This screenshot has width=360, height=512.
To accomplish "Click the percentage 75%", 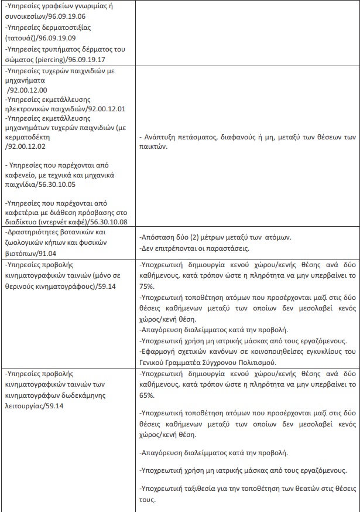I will (x=146, y=286).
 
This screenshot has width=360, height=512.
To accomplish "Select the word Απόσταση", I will (x=158, y=237).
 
